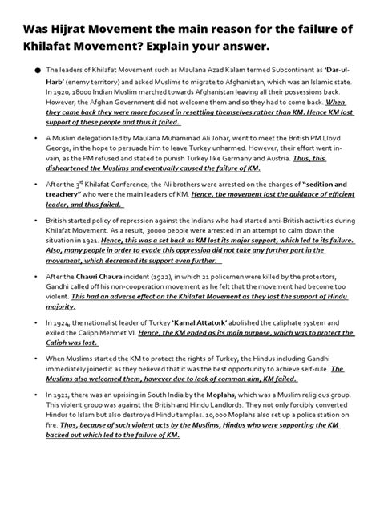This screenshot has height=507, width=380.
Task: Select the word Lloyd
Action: click(x=342, y=138)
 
